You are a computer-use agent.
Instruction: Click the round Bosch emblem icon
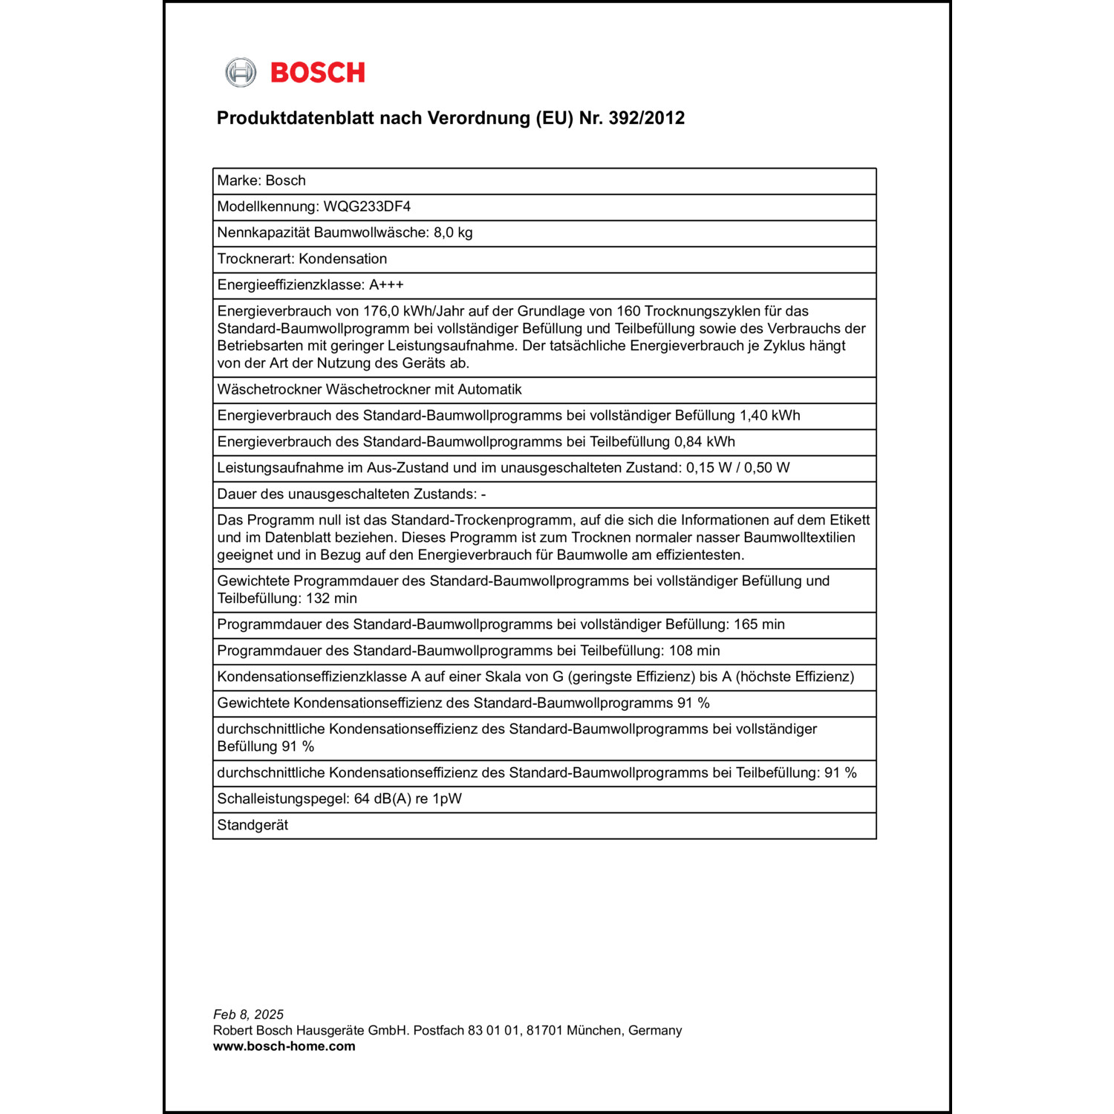pyautogui.click(x=241, y=73)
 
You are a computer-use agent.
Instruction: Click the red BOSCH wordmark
pyautogui.click(x=318, y=73)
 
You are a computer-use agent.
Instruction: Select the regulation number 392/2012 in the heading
pyautogui.click(x=646, y=118)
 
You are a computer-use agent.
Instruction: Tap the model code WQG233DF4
pyautogui.click(x=367, y=206)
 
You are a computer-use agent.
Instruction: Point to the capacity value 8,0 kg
pyautogui.click(x=453, y=232)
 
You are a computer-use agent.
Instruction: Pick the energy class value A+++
pyautogui.click(x=386, y=285)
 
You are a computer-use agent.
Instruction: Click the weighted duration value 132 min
pyautogui.click(x=331, y=599)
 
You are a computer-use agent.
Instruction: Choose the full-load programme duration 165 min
pyautogui.click(x=759, y=625)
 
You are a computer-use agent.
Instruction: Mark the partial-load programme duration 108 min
pyautogui.click(x=694, y=651)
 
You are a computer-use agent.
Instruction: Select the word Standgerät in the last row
pyautogui.click(x=253, y=825)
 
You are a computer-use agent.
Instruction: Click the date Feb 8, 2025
pyautogui.click(x=248, y=1014)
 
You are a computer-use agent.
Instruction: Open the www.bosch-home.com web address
pyautogui.click(x=284, y=1046)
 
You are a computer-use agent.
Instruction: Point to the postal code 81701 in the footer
pyautogui.click(x=544, y=1031)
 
